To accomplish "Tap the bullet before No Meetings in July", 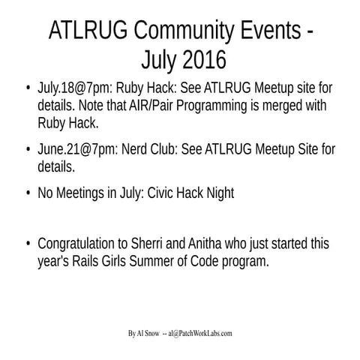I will pyautogui.click(x=28, y=193).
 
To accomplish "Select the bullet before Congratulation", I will pyautogui.click(x=28, y=246).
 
